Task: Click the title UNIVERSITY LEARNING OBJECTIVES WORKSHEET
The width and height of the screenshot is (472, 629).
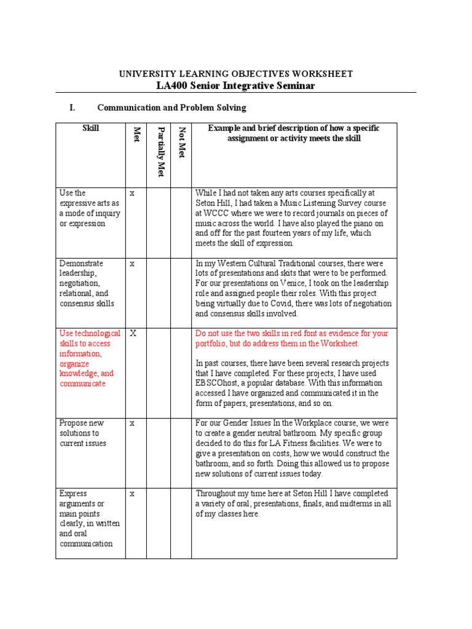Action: point(236,74)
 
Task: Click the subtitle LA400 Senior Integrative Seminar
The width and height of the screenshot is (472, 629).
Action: point(236,85)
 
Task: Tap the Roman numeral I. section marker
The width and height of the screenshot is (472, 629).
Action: point(73,107)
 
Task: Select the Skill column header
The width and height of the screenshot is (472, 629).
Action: point(90,128)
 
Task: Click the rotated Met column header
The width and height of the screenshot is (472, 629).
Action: point(136,135)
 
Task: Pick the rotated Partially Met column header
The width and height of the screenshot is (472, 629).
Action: point(160,151)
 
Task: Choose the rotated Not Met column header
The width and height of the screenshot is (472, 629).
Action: point(181,141)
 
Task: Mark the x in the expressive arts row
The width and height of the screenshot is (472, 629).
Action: point(132,193)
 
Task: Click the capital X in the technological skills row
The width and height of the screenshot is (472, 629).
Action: point(132,334)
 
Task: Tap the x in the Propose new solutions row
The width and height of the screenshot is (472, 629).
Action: point(132,423)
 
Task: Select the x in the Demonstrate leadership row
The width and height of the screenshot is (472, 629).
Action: point(132,264)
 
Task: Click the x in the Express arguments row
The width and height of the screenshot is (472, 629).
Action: point(132,494)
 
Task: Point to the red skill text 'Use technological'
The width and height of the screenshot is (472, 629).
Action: point(90,334)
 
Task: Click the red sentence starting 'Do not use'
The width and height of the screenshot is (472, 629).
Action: point(291,338)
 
